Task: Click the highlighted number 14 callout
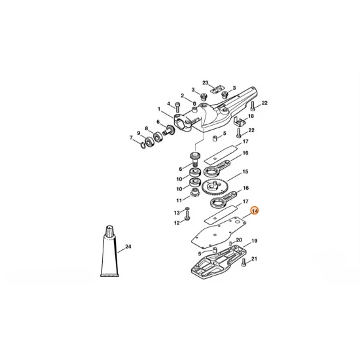[x=255, y=211]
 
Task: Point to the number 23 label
[x=205, y=83]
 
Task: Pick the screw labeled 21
[x=243, y=263]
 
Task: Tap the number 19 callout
[x=255, y=241]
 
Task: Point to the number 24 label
[x=128, y=247]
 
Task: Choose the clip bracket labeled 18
[x=239, y=122]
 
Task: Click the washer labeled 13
[x=187, y=213]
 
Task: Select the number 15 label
[x=245, y=172]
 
